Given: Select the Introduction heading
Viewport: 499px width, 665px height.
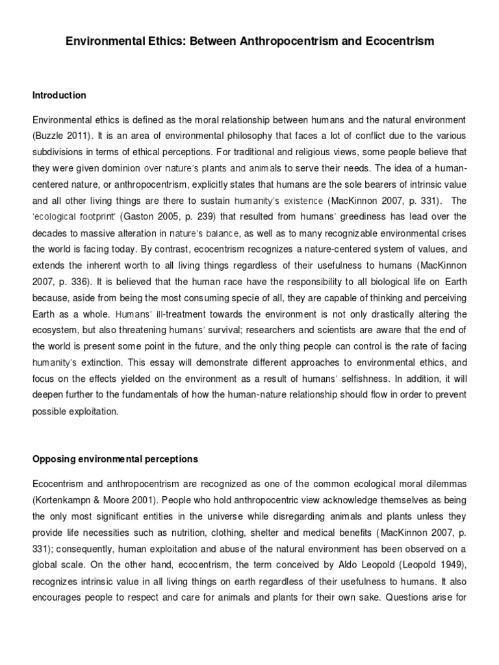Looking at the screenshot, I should pos(59,95).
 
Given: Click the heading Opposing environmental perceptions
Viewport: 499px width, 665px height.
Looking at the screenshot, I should pos(115,459).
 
